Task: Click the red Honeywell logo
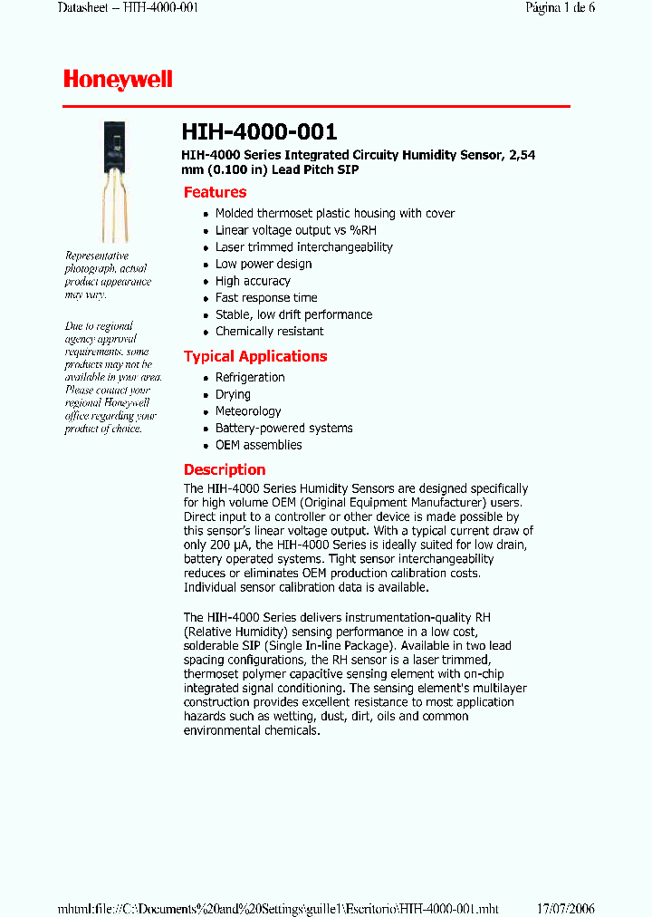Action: coord(118,80)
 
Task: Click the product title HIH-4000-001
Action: coord(260,132)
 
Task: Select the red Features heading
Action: coord(215,192)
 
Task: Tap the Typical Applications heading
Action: coord(255,356)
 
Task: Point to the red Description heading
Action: coord(225,469)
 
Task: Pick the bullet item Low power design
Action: coord(263,264)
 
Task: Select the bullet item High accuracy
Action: coord(253,281)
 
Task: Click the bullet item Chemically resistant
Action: coord(269,332)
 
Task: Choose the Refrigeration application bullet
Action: coord(250,377)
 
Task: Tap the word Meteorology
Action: coord(248,411)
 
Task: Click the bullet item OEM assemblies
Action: coord(258,445)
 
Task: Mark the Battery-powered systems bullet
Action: coord(283,428)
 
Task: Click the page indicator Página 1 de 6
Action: coord(561,8)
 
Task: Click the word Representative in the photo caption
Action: coord(97,256)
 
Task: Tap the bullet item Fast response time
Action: coord(266,297)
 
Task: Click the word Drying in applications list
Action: coord(233,394)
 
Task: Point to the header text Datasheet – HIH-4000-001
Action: coord(128,8)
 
